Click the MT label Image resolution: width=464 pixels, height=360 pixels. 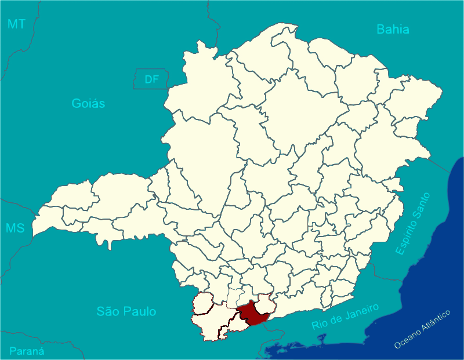[16, 24]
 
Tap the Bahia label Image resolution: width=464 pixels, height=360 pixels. [393, 29]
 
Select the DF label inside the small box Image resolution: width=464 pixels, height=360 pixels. [151, 79]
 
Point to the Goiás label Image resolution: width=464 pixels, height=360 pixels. [88, 104]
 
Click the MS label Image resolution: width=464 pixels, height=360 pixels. [15, 228]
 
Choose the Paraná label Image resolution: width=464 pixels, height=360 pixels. [27, 351]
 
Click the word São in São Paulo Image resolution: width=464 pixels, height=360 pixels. [109, 311]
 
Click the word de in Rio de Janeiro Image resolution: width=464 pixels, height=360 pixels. [335, 319]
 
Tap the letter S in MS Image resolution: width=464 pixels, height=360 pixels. [20, 228]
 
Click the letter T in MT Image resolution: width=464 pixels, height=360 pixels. [21, 24]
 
